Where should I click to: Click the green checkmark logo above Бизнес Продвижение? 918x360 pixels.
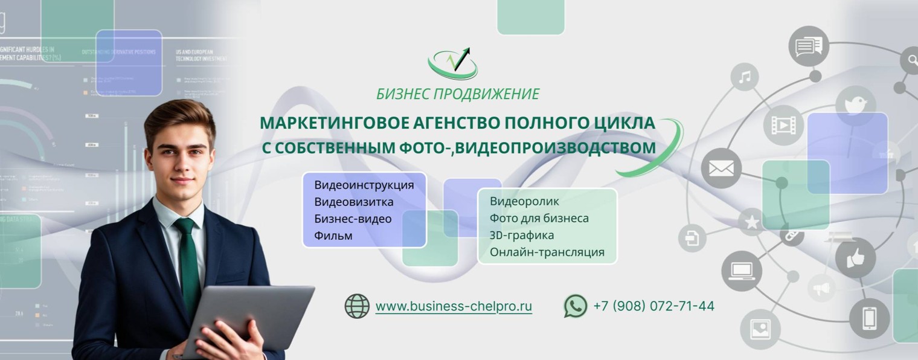tap(453, 63)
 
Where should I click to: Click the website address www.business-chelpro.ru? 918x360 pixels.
tap(454, 306)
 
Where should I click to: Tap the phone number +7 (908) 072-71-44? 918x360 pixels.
tap(653, 306)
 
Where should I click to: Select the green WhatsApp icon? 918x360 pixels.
tap(576, 306)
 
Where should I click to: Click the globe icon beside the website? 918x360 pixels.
tap(357, 306)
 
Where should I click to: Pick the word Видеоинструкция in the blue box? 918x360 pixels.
tap(364, 185)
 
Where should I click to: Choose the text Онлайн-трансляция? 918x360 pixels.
tap(547, 252)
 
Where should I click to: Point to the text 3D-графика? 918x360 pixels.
tap(522, 235)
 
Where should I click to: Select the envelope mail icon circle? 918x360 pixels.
tap(721, 168)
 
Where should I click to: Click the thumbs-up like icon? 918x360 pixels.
tap(855, 258)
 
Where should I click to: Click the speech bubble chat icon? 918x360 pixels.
tap(809, 46)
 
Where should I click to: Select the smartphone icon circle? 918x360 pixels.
tap(869, 318)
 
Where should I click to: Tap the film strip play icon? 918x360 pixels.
tap(783, 125)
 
